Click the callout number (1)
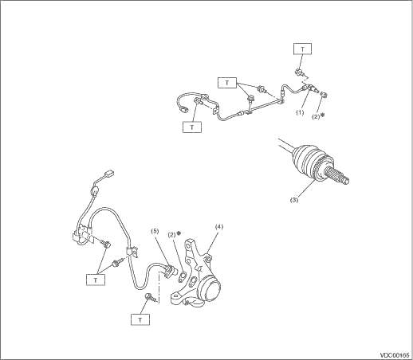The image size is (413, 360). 300,112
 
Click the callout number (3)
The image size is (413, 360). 294,200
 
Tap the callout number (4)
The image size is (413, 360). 219,227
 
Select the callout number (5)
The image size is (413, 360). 155,231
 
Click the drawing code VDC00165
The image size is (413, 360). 394,355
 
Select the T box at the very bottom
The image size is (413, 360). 140,319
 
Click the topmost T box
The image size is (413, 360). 302,49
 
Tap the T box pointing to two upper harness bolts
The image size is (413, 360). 227,83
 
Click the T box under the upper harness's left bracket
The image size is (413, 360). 192,127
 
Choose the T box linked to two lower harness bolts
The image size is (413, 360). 96,280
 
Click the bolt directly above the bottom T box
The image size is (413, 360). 150,297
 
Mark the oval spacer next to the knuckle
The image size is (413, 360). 182,276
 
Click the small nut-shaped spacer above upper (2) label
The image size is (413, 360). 324,95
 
